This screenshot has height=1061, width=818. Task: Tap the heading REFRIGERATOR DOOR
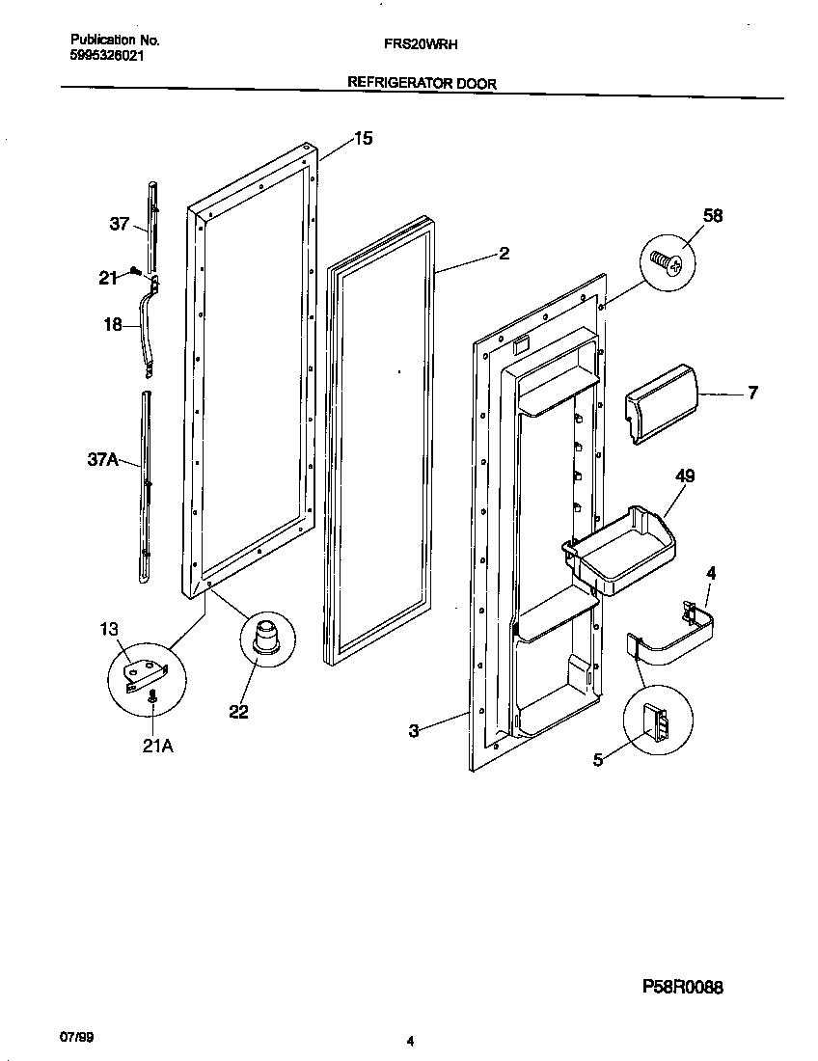click(x=422, y=84)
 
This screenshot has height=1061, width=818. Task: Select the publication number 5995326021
click(x=109, y=56)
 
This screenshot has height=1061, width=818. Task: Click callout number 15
click(x=362, y=139)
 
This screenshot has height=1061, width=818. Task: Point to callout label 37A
click(x=103, y=461)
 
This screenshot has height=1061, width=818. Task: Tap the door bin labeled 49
click(x=622, y=547)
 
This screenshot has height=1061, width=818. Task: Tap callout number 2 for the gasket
click(x=504, y=254)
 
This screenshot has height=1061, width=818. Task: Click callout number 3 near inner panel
click(x=413, y=731)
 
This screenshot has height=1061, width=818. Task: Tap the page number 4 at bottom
click(x=410, y=1041)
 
